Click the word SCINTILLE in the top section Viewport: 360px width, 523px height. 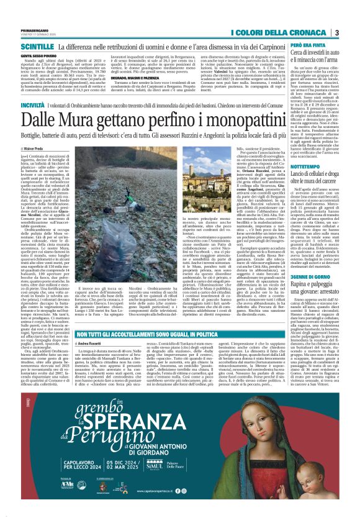[x=37, y=47]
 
